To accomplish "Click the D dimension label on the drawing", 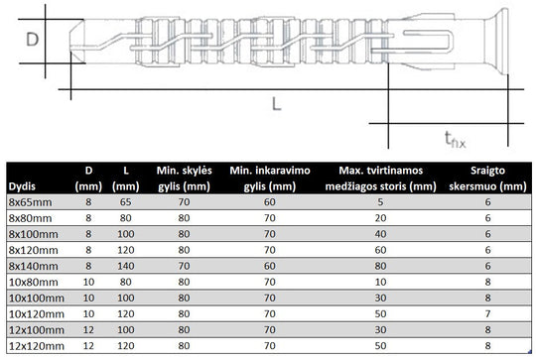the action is pos(33,40).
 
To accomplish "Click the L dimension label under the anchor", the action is pos(276,104).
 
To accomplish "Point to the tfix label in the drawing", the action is pos(455,140).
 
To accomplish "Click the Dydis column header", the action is pos(22,186).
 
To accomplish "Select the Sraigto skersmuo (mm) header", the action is pos(487,179).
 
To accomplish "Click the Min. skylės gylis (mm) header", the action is pos(184,179).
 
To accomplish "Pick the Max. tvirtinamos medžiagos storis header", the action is pos(380,179).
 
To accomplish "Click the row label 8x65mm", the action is pos(31,202).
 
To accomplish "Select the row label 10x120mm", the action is pos(37,314).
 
